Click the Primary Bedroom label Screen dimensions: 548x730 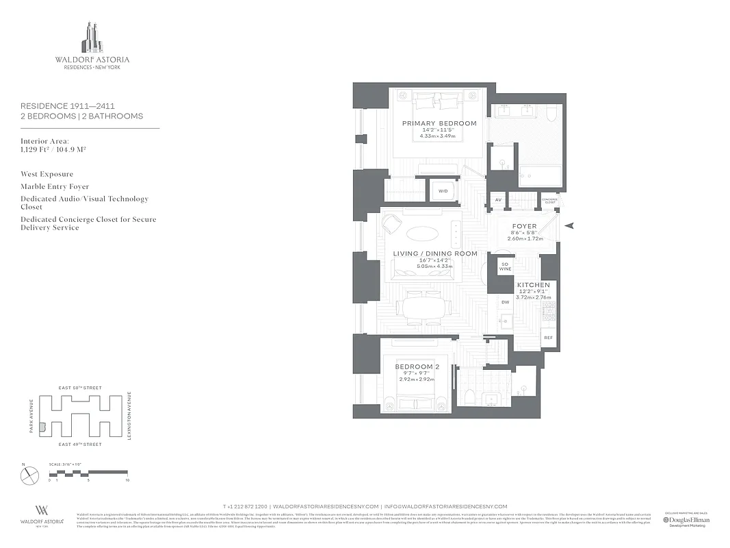(439, 123)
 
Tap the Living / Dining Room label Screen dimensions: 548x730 (435, 253)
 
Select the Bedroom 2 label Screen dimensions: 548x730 (417, 366)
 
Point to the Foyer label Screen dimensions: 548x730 (525, 226)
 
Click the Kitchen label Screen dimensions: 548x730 (533, 284)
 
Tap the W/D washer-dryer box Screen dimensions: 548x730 (443, 191)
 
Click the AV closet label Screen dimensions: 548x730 (498, 201)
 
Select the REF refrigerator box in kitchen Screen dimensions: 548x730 (548, 338)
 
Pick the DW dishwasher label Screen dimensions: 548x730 (505, 302)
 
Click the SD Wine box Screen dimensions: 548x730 (505, 266)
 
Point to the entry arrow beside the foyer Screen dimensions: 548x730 (571, 225)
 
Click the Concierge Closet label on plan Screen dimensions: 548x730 (549, 201)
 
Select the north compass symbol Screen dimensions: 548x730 (30, 475)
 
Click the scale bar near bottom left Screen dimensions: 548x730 (88, 473)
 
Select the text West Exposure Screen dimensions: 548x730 (47, 174)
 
